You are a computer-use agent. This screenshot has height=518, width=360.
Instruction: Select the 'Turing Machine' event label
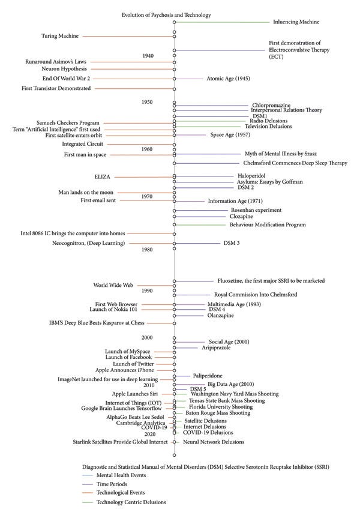59,36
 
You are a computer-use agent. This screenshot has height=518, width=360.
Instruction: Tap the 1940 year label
148,56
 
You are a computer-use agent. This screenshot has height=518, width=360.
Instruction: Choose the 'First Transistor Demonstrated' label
58,88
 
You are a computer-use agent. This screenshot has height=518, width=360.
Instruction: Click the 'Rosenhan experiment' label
247,210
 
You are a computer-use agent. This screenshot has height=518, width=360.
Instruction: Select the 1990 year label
147,291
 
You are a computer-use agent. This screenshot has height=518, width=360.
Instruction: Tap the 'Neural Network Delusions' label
214,442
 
